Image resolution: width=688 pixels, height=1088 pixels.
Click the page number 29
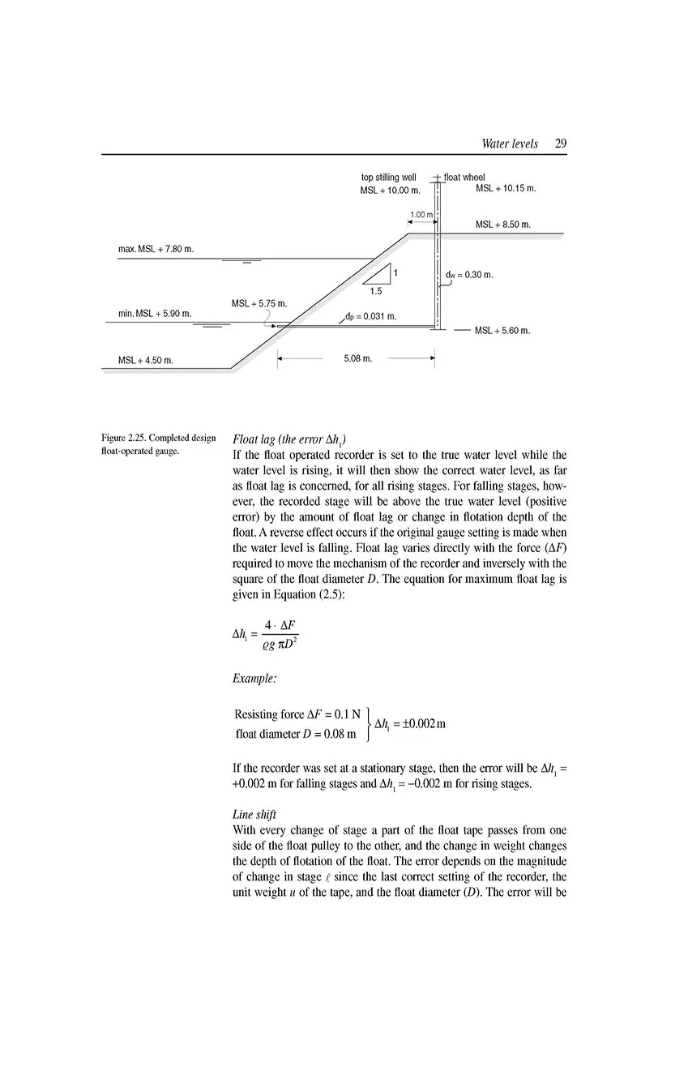561,143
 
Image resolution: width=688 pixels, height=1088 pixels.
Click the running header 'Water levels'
509,143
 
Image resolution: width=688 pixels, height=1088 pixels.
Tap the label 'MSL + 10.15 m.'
506,188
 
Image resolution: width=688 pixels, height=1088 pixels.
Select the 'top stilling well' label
389,177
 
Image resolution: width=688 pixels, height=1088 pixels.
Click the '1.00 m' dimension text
421,214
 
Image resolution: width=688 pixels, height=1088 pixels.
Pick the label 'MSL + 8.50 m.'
502,224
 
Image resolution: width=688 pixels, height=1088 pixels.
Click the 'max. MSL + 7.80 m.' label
155,247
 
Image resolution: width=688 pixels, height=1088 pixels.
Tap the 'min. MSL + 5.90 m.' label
154,313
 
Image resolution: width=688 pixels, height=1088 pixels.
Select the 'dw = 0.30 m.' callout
469,275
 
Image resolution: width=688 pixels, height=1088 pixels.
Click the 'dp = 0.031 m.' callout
370,315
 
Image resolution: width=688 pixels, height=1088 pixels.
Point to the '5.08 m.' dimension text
358,358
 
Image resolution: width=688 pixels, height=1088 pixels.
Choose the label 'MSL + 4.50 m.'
145,360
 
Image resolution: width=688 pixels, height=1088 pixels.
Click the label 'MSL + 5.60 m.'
502,330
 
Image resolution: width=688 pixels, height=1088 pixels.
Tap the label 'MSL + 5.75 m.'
259,303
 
